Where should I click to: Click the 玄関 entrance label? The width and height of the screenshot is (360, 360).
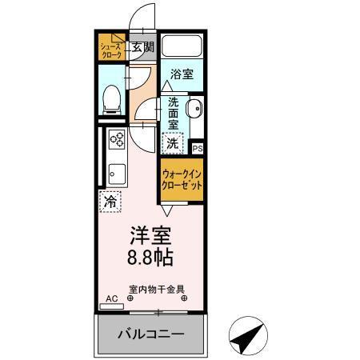[143, 47]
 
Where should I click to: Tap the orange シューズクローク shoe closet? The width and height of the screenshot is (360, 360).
[110, 49]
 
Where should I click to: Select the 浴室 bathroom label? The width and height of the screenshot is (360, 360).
[182, 74]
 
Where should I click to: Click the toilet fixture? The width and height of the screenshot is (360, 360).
[112, 99]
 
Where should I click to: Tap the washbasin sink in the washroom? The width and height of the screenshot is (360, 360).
[194, 109]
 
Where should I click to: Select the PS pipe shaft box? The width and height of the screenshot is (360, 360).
[198, 147]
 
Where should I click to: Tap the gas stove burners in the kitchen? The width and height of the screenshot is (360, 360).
[118, 141]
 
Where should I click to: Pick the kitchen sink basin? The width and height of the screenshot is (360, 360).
[117, 172]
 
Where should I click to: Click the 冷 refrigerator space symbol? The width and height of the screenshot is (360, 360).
[110, 202]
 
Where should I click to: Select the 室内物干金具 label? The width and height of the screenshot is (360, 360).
[157, 290]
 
